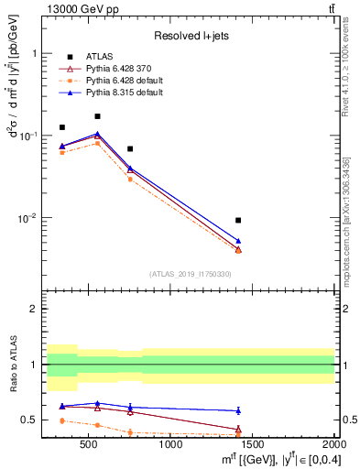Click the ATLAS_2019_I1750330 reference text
click(191, 274)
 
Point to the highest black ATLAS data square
click(97, 116)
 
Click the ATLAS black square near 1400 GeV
click(238, 220)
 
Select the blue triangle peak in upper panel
click(97, 134)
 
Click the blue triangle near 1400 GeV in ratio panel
click(238, 410)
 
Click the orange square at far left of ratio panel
click(62, 420)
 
